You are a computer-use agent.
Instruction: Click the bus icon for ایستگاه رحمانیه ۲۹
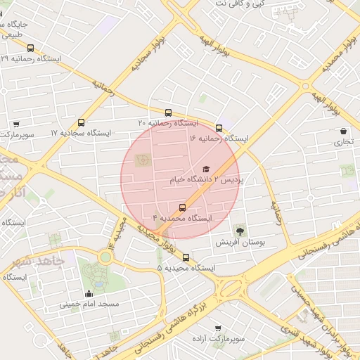click(x=30, y=48)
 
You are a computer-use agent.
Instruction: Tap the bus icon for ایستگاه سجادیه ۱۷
click(x=82, y=122)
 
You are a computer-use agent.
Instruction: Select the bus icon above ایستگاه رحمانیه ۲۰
click(x=168, y=112)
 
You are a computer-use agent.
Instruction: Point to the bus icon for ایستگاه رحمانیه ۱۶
click(x=219, y=128)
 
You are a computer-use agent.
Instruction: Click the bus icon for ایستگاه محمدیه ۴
click(x=183, y=207)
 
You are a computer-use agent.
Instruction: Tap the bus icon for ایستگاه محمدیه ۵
click(x=186, y=257)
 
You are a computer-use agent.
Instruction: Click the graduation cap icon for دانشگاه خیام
click(x=206, y=169)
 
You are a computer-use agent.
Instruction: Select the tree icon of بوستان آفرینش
click(x=240, y=230)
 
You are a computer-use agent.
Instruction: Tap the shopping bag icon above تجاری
click(x=343, y=131)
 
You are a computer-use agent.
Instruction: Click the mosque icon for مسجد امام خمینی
click(x=89, y=293)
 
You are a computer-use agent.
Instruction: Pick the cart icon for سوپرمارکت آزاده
click(x=217, y=328)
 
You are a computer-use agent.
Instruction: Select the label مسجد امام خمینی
click(x=89, y=304)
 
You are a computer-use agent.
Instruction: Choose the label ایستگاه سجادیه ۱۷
click(x=82, y=133)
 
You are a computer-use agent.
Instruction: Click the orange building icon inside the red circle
click(x=143, y=160)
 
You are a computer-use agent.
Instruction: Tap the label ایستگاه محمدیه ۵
click(x=186, y=268)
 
